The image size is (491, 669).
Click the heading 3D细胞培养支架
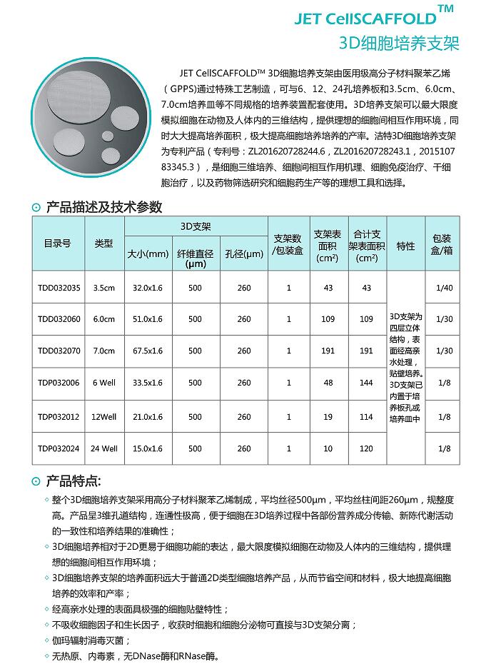pyautogui.click(x=399, y=44)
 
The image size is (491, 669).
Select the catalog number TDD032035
pyautogui.click(x=59, y=288)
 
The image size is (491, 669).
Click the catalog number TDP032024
pyautogui.click(x=59, y=448)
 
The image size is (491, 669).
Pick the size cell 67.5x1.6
pyautogui.click(x=148, y=351)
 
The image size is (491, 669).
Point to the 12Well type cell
pyautogui.click(x=103, y=416)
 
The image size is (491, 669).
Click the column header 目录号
pyautogui.click(x=58, y=243)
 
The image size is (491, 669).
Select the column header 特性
pyautogui.click(x=405, y=246)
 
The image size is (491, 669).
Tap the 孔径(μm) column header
pyautogui.click(x=244, y=253)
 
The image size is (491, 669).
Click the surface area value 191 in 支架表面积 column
pyautogui.click(x=328, y=351)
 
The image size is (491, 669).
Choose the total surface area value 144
pyautogui.click(x=367, y=383)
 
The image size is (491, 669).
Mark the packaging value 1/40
pyautogui.click(x=443, y=288)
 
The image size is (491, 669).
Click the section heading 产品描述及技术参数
pyautogui.click(x=103, y=207)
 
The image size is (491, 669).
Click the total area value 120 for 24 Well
pyautogui.click(x=367, y=448)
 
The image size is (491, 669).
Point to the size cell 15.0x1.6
pyautogui.click(x=148, y=448)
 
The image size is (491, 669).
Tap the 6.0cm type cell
pyautogui.click(x=103, y=319)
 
